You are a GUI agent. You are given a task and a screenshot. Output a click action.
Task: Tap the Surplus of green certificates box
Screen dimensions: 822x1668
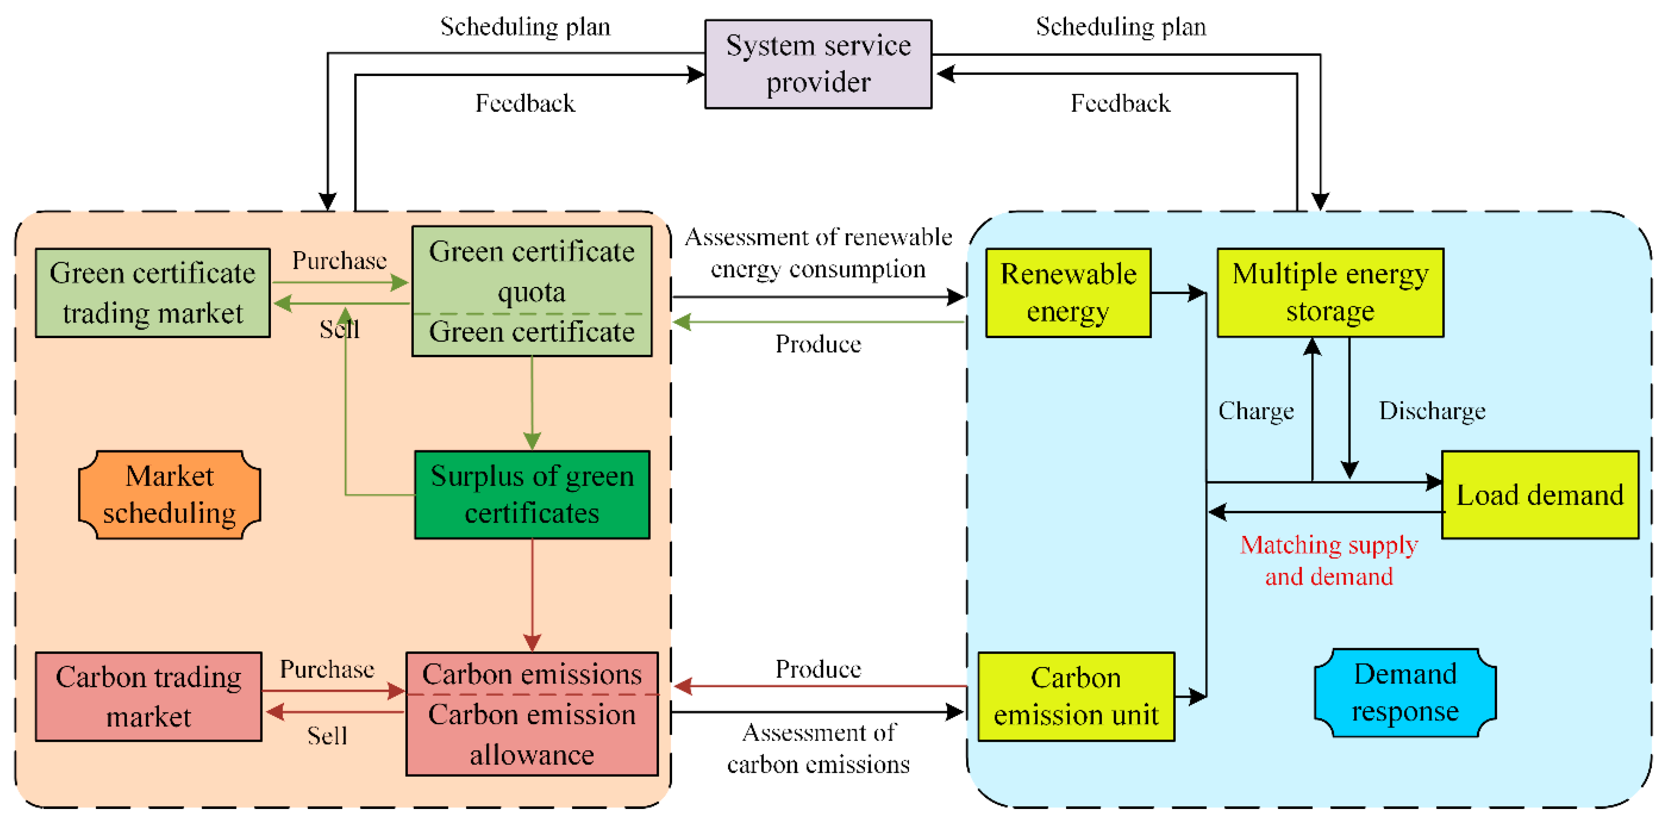[532, 494]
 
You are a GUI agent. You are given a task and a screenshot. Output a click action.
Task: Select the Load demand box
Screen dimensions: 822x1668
[1540, 494]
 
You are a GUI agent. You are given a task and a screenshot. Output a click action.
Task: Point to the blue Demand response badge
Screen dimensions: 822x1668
[1405, 693]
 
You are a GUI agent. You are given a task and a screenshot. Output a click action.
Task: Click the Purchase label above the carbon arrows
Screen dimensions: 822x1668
[326, 669]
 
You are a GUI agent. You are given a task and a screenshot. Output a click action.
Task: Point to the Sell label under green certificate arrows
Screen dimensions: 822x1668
[339, 329]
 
